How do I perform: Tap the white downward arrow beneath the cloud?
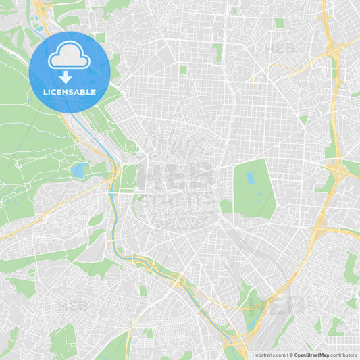pyautogui.click(x=66, y=76)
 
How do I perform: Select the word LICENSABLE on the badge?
pyautogui.click(x=69, y=92)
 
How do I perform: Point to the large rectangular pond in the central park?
pyautogui.click(x=251, y=179)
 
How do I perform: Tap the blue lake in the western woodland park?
pyautogui.click(x=78, y=171)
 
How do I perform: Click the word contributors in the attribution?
pyautogui.click(x=343, y=355)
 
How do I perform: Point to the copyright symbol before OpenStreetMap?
pyautogui.click(x=291, y=355)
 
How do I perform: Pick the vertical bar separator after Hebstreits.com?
pyautogui.click(x=286, y=355)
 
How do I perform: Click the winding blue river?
pyautogui.click(x=119, y=230)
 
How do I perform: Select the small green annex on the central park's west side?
pyautogui.click(x=226, y=205)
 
